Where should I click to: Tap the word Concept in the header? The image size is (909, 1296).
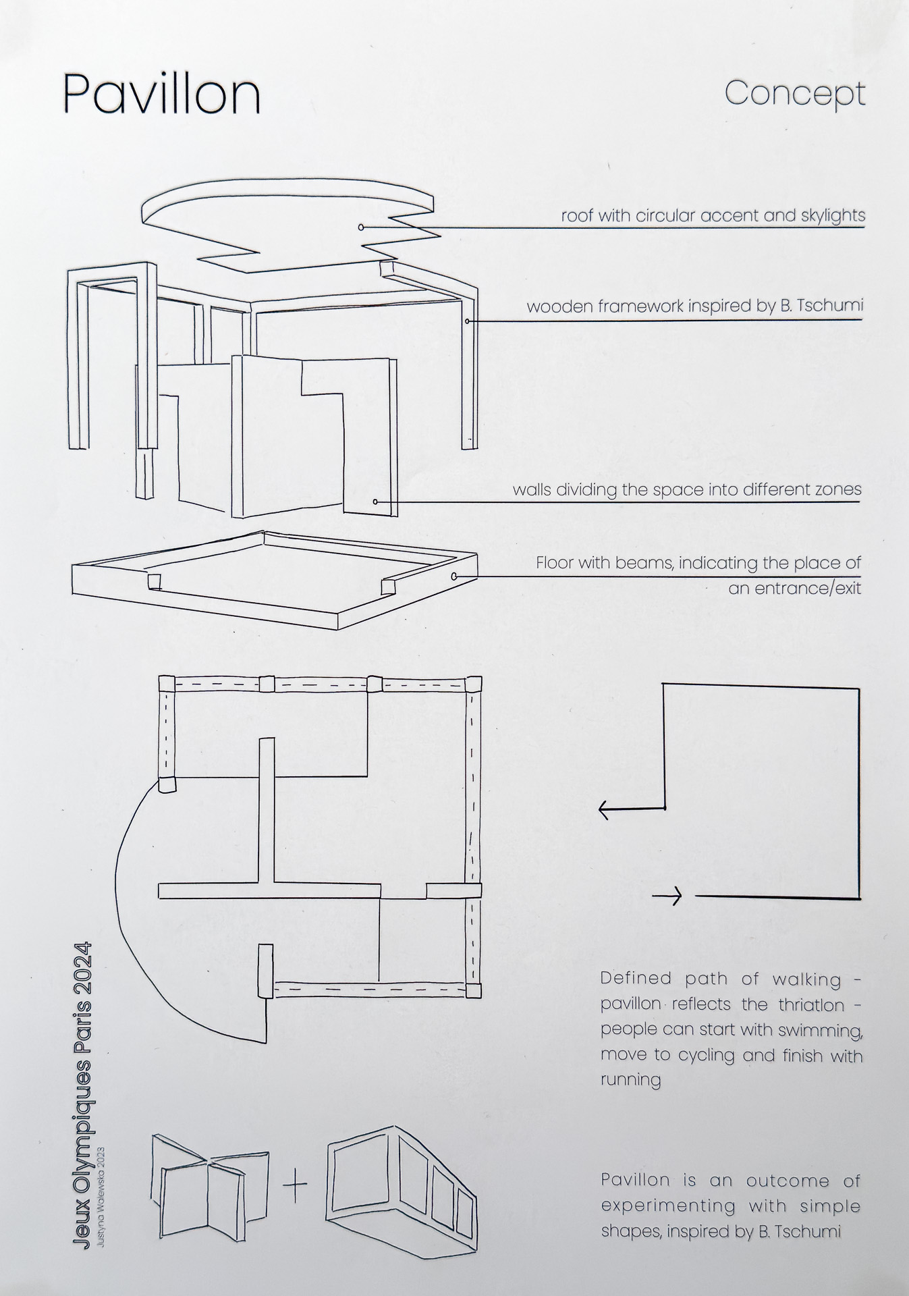pyautogui.click(x=794, y=94)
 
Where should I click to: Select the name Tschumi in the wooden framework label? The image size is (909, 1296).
pyautogui.click(x=829, y=306)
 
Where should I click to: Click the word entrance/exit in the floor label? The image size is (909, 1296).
pyautogui.click(x=794, y=588)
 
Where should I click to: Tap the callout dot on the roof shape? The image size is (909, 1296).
pyautogui.click(x=361, y=227)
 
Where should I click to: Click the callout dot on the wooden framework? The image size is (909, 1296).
pyautogui.click(x=468, y=321)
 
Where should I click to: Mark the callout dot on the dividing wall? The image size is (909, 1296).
pyautogui.click(x=376, y=502)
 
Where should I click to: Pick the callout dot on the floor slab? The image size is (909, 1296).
pyautogui.click(x=454, y=576)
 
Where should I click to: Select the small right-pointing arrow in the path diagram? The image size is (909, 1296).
pyautogui.click(x=667, y=896)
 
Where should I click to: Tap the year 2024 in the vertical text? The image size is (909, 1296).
pyautogui.click(x=82, y=965)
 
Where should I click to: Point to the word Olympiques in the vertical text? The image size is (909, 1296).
pyautogui.click(x=82, y=1107)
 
